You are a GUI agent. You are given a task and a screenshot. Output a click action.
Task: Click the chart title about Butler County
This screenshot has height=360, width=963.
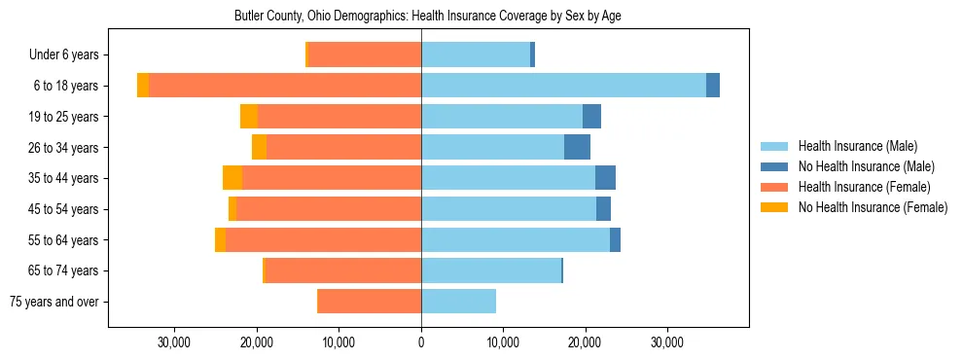[x=428, y=17]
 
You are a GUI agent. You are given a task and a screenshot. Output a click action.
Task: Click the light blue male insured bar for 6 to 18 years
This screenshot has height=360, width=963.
[x=563, y=86]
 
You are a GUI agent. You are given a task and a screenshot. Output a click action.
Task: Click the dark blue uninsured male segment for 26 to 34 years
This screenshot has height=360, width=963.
[x=577, y=148]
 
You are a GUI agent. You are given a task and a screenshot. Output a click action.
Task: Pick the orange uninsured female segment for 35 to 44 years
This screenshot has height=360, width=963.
[x=232, y=178]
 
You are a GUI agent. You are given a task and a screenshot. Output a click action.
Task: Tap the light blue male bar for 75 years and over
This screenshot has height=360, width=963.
[x=458, y=302]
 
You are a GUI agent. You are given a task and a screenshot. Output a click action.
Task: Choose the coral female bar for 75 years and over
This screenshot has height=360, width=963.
[x=370, y=302]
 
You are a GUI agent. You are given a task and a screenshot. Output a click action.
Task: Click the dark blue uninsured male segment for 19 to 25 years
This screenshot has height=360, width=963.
[x=591, y=117]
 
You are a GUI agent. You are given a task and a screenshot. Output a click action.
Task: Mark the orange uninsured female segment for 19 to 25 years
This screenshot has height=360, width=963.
[x=249, y=117]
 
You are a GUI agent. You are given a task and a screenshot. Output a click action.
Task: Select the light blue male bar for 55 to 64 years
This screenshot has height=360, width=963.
[x=516, y=240]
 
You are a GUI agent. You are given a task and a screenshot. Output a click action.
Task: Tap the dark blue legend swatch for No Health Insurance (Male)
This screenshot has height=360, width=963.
[x=774, y=166]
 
